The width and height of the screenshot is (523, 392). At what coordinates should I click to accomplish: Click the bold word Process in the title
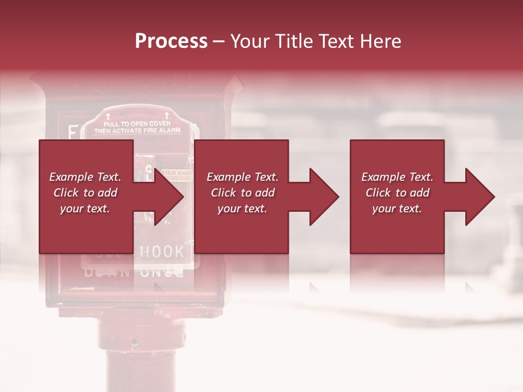[x=171, y=41]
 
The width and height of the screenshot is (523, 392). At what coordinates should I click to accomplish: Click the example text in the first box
[x=86, y=193]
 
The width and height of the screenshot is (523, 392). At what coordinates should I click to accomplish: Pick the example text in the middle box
[x=242, y=193]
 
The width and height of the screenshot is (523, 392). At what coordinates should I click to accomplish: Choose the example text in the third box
[x=397, y=193]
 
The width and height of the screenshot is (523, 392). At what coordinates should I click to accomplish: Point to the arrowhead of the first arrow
[x=169, y=197]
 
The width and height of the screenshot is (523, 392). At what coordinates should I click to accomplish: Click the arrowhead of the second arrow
[x=324, y=197]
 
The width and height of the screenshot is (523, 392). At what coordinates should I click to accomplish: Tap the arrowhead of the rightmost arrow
[x=480, y=197]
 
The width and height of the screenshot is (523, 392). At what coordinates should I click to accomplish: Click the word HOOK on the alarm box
[x=162, y=252]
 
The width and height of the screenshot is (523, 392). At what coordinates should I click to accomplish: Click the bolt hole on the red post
[x=134, y=342]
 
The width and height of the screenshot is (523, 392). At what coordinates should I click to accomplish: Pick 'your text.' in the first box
[x=86, y=209]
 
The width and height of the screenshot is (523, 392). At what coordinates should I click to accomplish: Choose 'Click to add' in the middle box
[x=242, y=193]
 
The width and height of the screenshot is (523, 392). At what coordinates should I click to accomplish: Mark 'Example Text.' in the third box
[x=397, y=177]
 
